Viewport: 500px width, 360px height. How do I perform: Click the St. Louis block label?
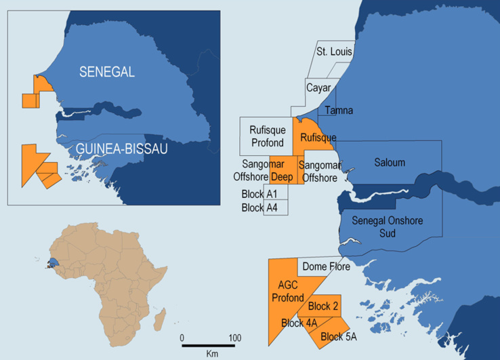click(x=332, y=51)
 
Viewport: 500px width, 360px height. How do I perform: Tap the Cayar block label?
click(x=318, y=88)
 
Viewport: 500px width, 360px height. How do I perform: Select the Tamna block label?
click(x=338, y=110)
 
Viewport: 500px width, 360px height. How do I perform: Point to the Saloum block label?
click(x=390, y=163)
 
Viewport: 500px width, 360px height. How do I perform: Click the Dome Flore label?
click(x=326, y=266)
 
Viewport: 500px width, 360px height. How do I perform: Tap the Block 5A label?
click(x=338, y=336)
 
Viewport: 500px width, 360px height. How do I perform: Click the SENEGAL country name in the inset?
click(x=106, y=71)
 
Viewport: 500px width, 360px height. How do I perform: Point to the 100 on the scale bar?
click(x=235, y=337)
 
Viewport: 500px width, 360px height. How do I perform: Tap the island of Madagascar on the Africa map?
click(x=160, y=318)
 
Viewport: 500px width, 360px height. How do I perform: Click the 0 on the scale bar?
click(x=182, y=337)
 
